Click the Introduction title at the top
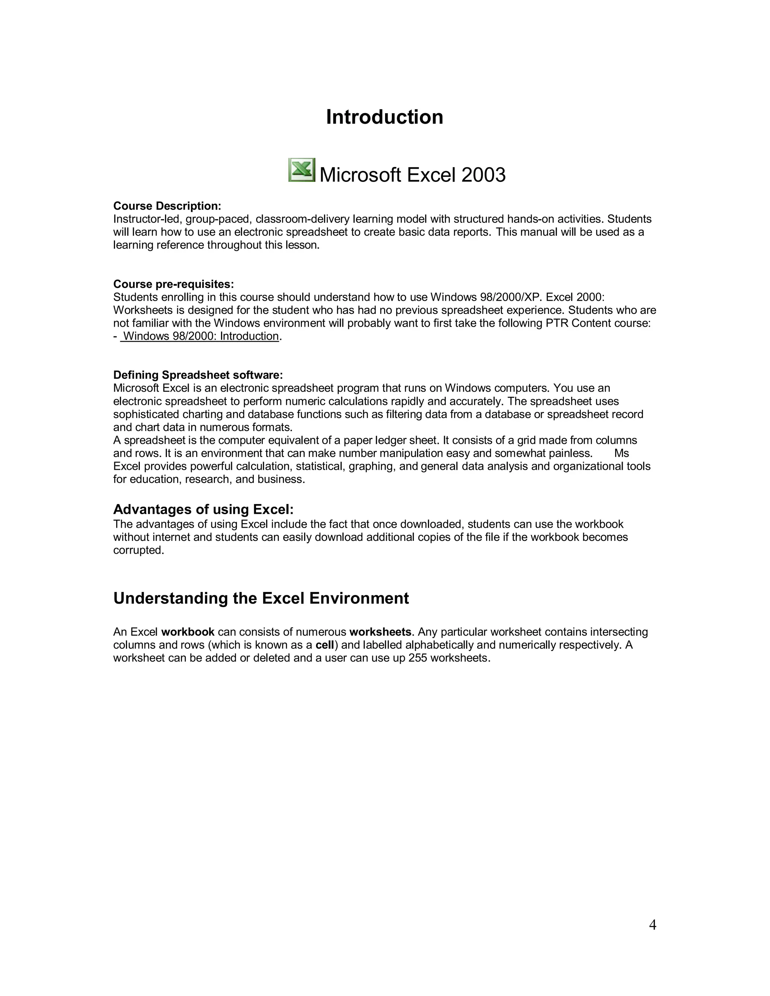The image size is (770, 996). (385, 117)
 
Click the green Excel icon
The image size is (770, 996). (302, 170)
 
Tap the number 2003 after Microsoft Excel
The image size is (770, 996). (483, 175)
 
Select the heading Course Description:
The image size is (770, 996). (167, 206)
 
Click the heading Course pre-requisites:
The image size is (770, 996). (173, 284)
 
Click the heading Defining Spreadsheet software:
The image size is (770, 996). (198, 375)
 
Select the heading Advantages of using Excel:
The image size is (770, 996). (203, 509)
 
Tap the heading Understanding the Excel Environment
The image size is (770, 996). (261, 598)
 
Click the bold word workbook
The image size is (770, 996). (188, 632)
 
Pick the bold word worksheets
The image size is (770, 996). (380, 632)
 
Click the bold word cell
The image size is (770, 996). (325, 645)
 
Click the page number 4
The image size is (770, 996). (652, 925)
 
